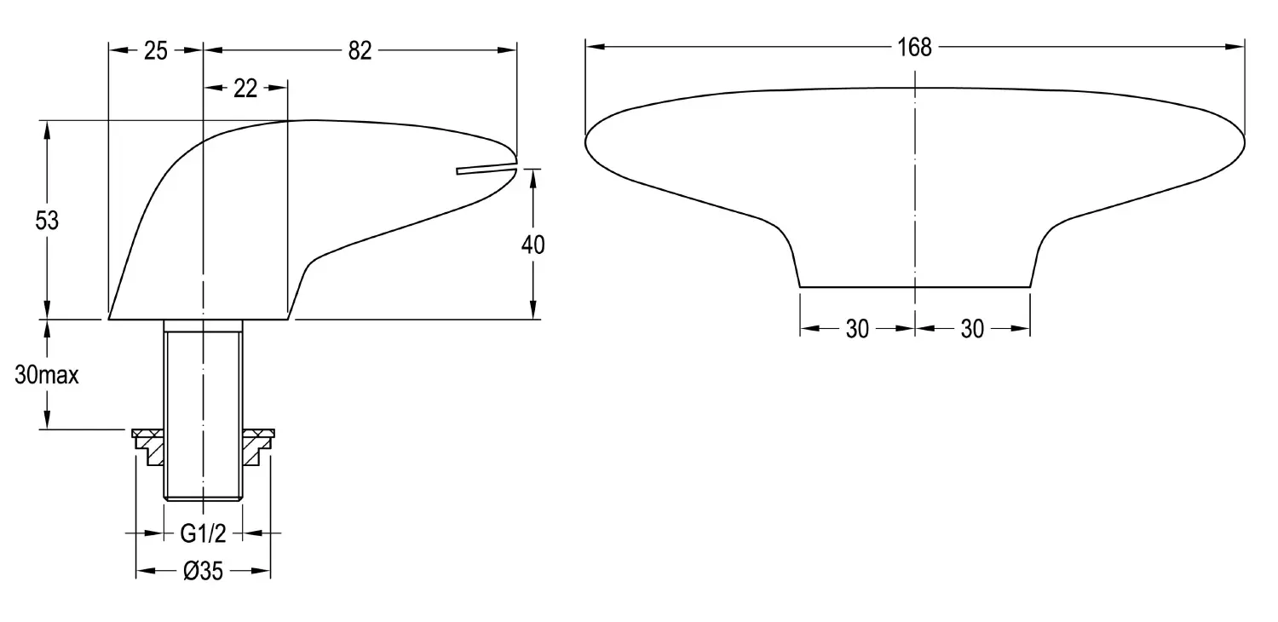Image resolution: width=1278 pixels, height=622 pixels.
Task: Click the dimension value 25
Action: [x=155, y=51]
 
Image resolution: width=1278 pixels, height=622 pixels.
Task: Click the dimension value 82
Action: [x=360, y=51]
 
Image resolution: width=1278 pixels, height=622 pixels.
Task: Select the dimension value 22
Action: [x=245, y=89]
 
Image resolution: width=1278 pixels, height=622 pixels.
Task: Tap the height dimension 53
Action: [x=47, y=221]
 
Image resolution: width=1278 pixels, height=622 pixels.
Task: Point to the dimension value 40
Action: [x=532, y=245]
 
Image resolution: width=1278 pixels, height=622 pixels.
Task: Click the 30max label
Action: [x=47, y=375]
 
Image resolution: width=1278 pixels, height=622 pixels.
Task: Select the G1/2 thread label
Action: [x=203, y=533]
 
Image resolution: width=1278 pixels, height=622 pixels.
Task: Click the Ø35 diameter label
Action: [x=203, y=571]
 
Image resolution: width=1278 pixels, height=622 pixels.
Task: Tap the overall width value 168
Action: [x=914, y=48]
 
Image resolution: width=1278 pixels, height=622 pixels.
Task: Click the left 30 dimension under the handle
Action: [x=857, y=329]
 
